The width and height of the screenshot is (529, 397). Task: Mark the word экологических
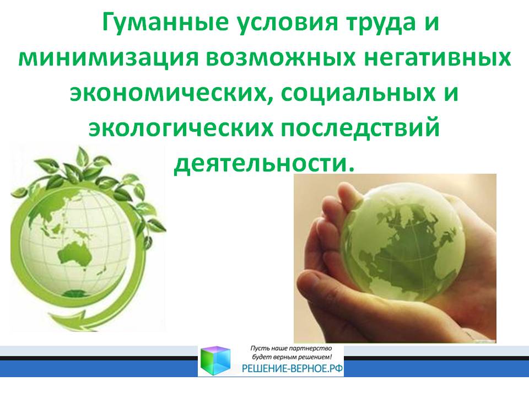pos(181,127)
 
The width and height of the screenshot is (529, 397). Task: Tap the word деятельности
pos(261,162)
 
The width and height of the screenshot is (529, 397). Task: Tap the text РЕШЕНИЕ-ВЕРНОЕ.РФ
pos(292,369)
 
